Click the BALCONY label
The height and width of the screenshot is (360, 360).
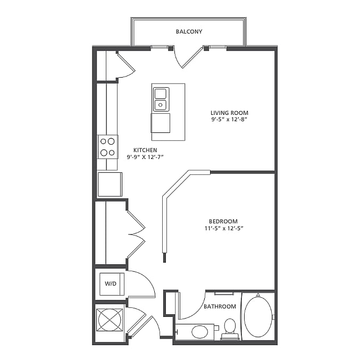(x=189, y=31)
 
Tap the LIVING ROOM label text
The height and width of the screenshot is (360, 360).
(x=229, y=113)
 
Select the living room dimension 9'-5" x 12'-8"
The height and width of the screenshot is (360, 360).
(x=229, y=120)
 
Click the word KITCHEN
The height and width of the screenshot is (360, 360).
(x=145, y=150)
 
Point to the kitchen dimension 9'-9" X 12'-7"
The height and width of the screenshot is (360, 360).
(x=145, y=157)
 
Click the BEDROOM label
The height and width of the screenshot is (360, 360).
(x=223, y=221)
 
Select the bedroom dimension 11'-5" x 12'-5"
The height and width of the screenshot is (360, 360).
(x=224, y=228)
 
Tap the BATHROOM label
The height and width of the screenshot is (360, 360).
(x=220, y=306)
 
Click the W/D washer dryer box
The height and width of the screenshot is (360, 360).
(x=112, y=284)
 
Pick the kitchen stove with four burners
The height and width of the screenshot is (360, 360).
(x=108, y=147)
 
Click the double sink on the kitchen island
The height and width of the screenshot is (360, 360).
(x=161, y=99)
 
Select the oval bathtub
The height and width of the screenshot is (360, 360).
(x=258, y=317)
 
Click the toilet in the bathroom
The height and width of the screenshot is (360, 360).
(x=230, y=329)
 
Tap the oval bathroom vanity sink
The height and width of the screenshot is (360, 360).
(x=199, y=332)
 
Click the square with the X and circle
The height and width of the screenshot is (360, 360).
(x=110, y=320)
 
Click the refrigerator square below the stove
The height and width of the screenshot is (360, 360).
(x=110, y=185)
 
